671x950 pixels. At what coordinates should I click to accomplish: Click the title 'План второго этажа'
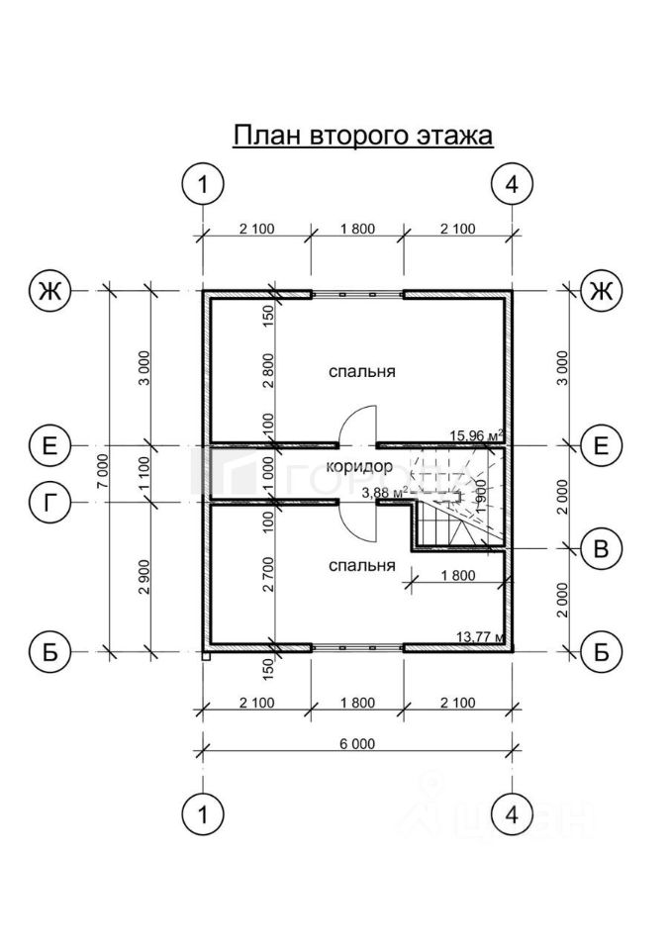362,135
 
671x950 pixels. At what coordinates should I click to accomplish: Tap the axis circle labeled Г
48,501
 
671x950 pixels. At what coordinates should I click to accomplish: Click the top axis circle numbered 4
512,185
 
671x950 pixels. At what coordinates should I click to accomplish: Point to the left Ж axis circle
48,290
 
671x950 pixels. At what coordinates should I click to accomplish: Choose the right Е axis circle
599,445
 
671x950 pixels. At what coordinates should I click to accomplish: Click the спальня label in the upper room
362,372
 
